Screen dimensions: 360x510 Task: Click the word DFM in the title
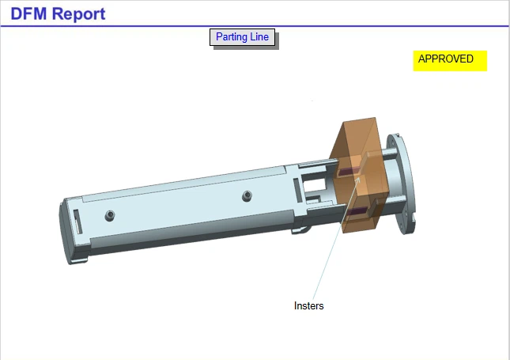coord(31,13)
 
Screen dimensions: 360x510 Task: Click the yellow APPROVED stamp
coord(449,59)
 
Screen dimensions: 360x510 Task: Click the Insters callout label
coord(308,305)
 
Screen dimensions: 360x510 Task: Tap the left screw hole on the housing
coord(110,214)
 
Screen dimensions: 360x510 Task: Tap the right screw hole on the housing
coord(247,195)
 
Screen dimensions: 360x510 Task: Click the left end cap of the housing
coord(68,233)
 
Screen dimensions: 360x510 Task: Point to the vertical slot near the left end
coord(77,221)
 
